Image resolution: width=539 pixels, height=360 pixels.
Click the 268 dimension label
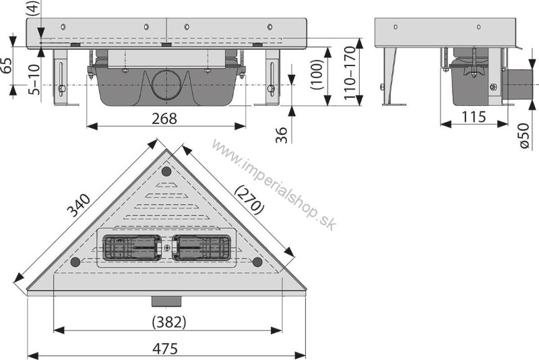(x=164, y=118)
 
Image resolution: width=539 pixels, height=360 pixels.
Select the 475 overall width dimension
(x=165, y=349)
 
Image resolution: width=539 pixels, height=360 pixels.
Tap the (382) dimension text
(x=169, y=322)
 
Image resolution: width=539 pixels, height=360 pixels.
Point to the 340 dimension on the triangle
(x=78, y=206)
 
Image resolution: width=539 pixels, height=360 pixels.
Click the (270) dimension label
(x=249, y=200)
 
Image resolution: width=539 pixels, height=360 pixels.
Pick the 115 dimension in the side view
(x=474, y=117)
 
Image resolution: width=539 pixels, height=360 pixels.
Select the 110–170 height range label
(x=350, y=73)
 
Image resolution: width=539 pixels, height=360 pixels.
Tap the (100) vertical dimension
(x=317, y=74)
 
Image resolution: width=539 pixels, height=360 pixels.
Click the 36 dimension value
(x=281, y=135)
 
